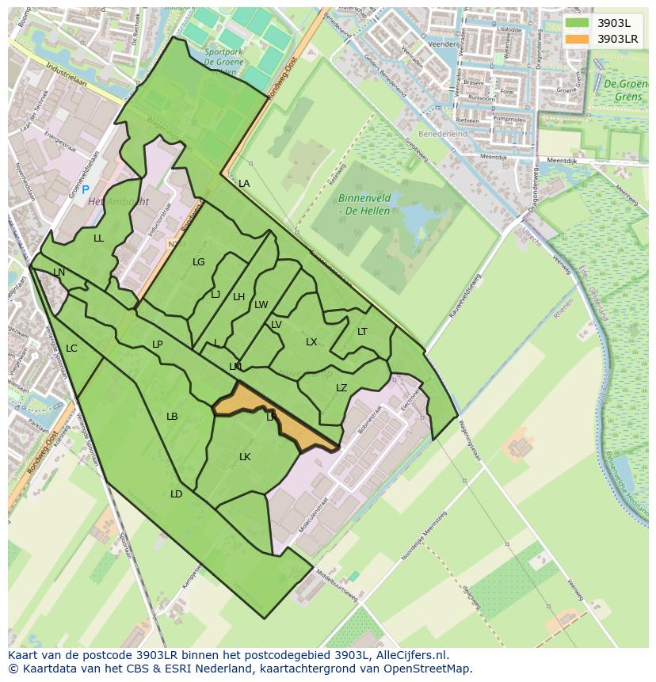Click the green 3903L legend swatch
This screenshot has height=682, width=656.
click(578, 23)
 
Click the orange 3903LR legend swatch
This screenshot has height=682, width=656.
click(578, 38)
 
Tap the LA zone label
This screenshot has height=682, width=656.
click(244, 184)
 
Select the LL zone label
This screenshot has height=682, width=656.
click(98, 238)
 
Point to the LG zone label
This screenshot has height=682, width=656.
click(198, 262)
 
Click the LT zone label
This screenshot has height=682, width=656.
click(362, 332)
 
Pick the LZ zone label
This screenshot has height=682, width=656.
click(341, 388)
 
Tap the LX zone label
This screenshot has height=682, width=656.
click(311, 342)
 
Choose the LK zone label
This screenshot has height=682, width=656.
click(245, 457)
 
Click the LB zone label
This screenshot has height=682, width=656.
click(172, 417)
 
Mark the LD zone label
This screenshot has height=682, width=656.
click(176, 494)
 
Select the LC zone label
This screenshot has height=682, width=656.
click(71, 349)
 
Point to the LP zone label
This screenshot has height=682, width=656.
click(157, 345)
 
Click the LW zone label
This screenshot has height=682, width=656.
click(261, 305)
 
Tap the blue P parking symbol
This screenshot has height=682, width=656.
click(86, 190)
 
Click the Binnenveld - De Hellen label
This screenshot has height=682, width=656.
click(366, 205)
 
